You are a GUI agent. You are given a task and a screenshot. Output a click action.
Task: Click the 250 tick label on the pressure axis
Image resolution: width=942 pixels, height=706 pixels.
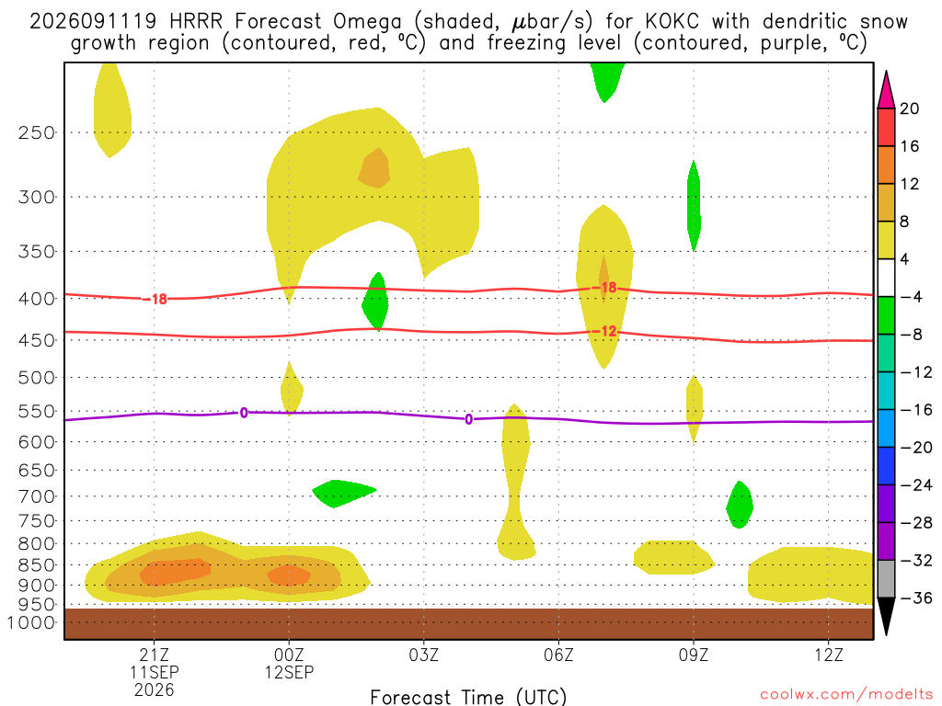(36, 132)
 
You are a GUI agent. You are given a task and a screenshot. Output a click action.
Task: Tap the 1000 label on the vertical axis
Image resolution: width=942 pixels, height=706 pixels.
(31, 622)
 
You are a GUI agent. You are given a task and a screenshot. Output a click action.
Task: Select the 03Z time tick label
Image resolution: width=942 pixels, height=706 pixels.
(423, 655)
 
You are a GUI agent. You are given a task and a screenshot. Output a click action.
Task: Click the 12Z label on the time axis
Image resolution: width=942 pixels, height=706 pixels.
(829, 655)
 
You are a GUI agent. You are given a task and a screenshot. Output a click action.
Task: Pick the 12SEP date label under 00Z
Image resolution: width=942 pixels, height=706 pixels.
(289, 672)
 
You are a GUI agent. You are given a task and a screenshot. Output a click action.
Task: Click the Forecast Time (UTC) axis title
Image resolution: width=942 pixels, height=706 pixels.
(468, 697)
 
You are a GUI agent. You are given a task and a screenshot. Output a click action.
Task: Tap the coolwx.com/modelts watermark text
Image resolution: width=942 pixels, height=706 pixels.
(846, 695)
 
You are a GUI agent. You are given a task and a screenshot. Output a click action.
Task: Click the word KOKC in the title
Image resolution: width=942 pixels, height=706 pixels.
(672, 22)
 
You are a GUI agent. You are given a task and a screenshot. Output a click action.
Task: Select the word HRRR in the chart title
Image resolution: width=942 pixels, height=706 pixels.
(196, 22)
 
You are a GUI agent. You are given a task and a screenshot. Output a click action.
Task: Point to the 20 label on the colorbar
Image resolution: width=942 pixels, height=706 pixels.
(909, 108)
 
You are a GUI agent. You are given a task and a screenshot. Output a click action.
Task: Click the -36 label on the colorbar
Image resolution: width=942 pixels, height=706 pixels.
(915, 598)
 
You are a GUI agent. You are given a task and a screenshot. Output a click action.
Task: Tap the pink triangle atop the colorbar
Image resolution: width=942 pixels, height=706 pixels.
(886, 90)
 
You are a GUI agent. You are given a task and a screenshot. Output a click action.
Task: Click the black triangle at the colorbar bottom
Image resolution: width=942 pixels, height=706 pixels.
(886, 615)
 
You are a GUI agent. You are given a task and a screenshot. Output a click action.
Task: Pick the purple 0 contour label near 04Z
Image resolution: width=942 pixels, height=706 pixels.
(468, 419)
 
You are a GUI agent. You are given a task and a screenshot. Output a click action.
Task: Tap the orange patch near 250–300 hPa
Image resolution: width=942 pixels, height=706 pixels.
(375, 169)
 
